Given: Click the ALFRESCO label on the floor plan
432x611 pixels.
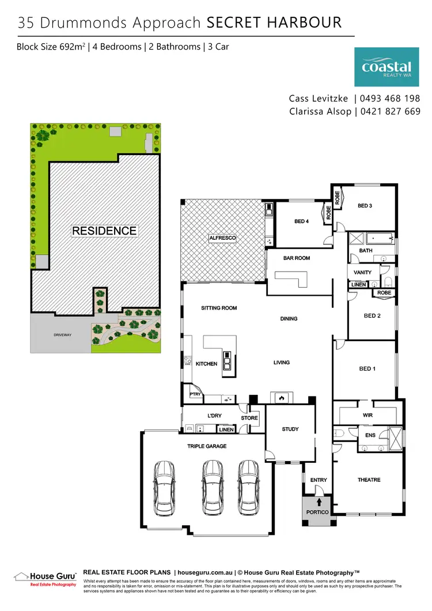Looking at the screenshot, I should click(x=222, y=237).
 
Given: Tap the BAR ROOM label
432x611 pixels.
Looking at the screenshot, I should click(x=297, y=258).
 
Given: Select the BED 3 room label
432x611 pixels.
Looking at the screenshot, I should click(x=365, y=206).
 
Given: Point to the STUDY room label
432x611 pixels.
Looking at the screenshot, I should click(x=290, y=429).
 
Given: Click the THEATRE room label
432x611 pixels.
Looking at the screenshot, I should click(x=369, y=480).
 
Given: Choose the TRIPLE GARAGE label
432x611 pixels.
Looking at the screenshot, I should click(x=207, y=446).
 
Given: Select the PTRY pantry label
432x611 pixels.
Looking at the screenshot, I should click(x=195, y=394).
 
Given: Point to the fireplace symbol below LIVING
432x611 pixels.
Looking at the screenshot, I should click(x=281, y=398).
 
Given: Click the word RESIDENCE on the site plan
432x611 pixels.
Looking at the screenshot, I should click(x=104, y=231).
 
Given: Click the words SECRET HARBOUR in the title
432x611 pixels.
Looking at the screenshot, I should click(x=274, y=23).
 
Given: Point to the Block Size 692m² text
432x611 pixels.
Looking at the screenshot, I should click(x=51, y=46).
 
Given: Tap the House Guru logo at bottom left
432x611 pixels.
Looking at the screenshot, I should click(x=45, y=578).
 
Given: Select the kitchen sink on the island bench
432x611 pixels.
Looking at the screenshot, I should click(x=228, y=363).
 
